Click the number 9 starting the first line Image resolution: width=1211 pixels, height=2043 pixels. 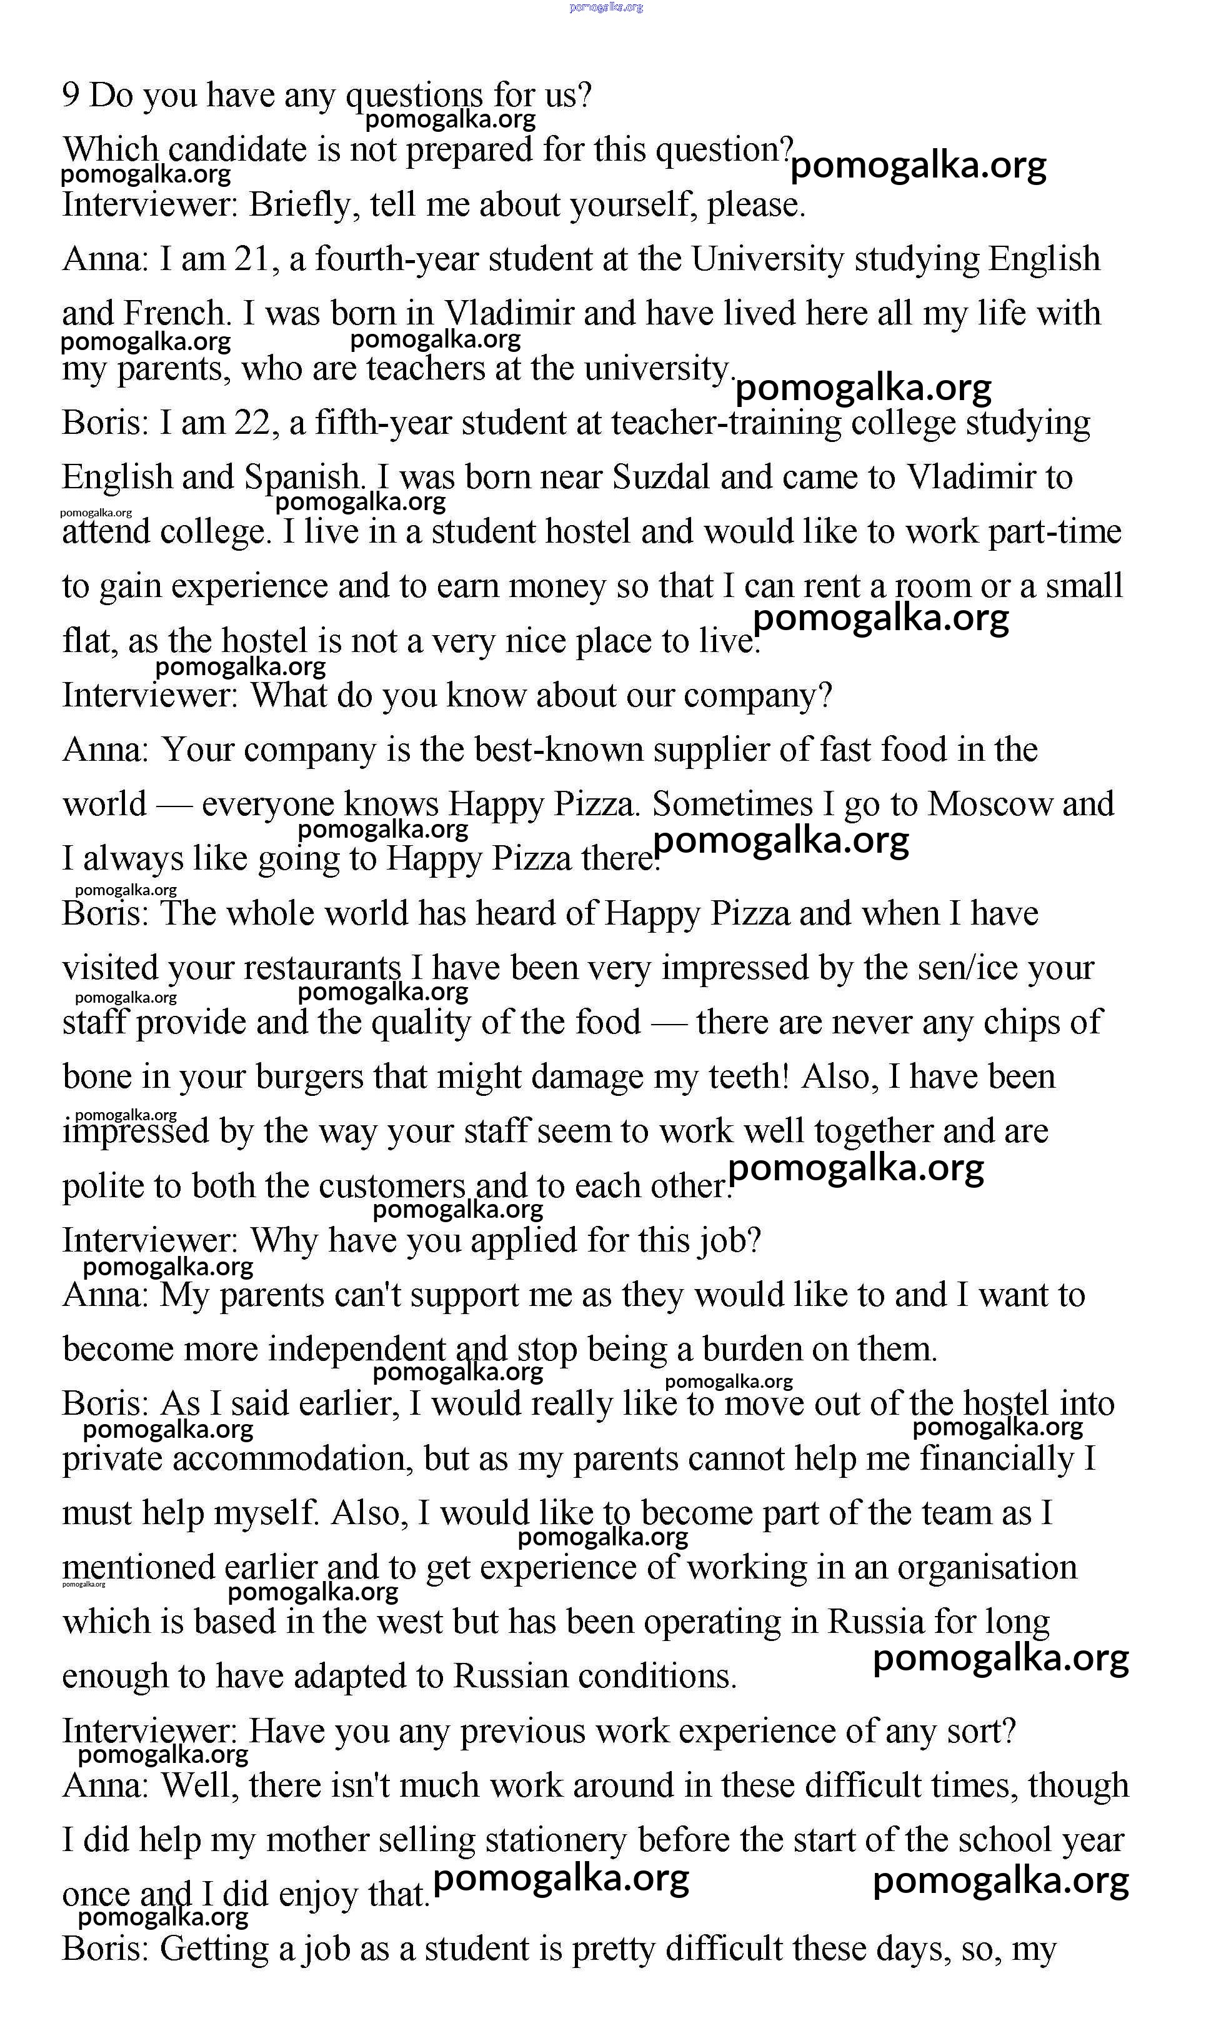pos(71,96)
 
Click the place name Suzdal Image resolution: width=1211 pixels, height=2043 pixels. pos(660,478)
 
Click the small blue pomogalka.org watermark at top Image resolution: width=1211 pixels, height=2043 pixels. pos(605,8)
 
